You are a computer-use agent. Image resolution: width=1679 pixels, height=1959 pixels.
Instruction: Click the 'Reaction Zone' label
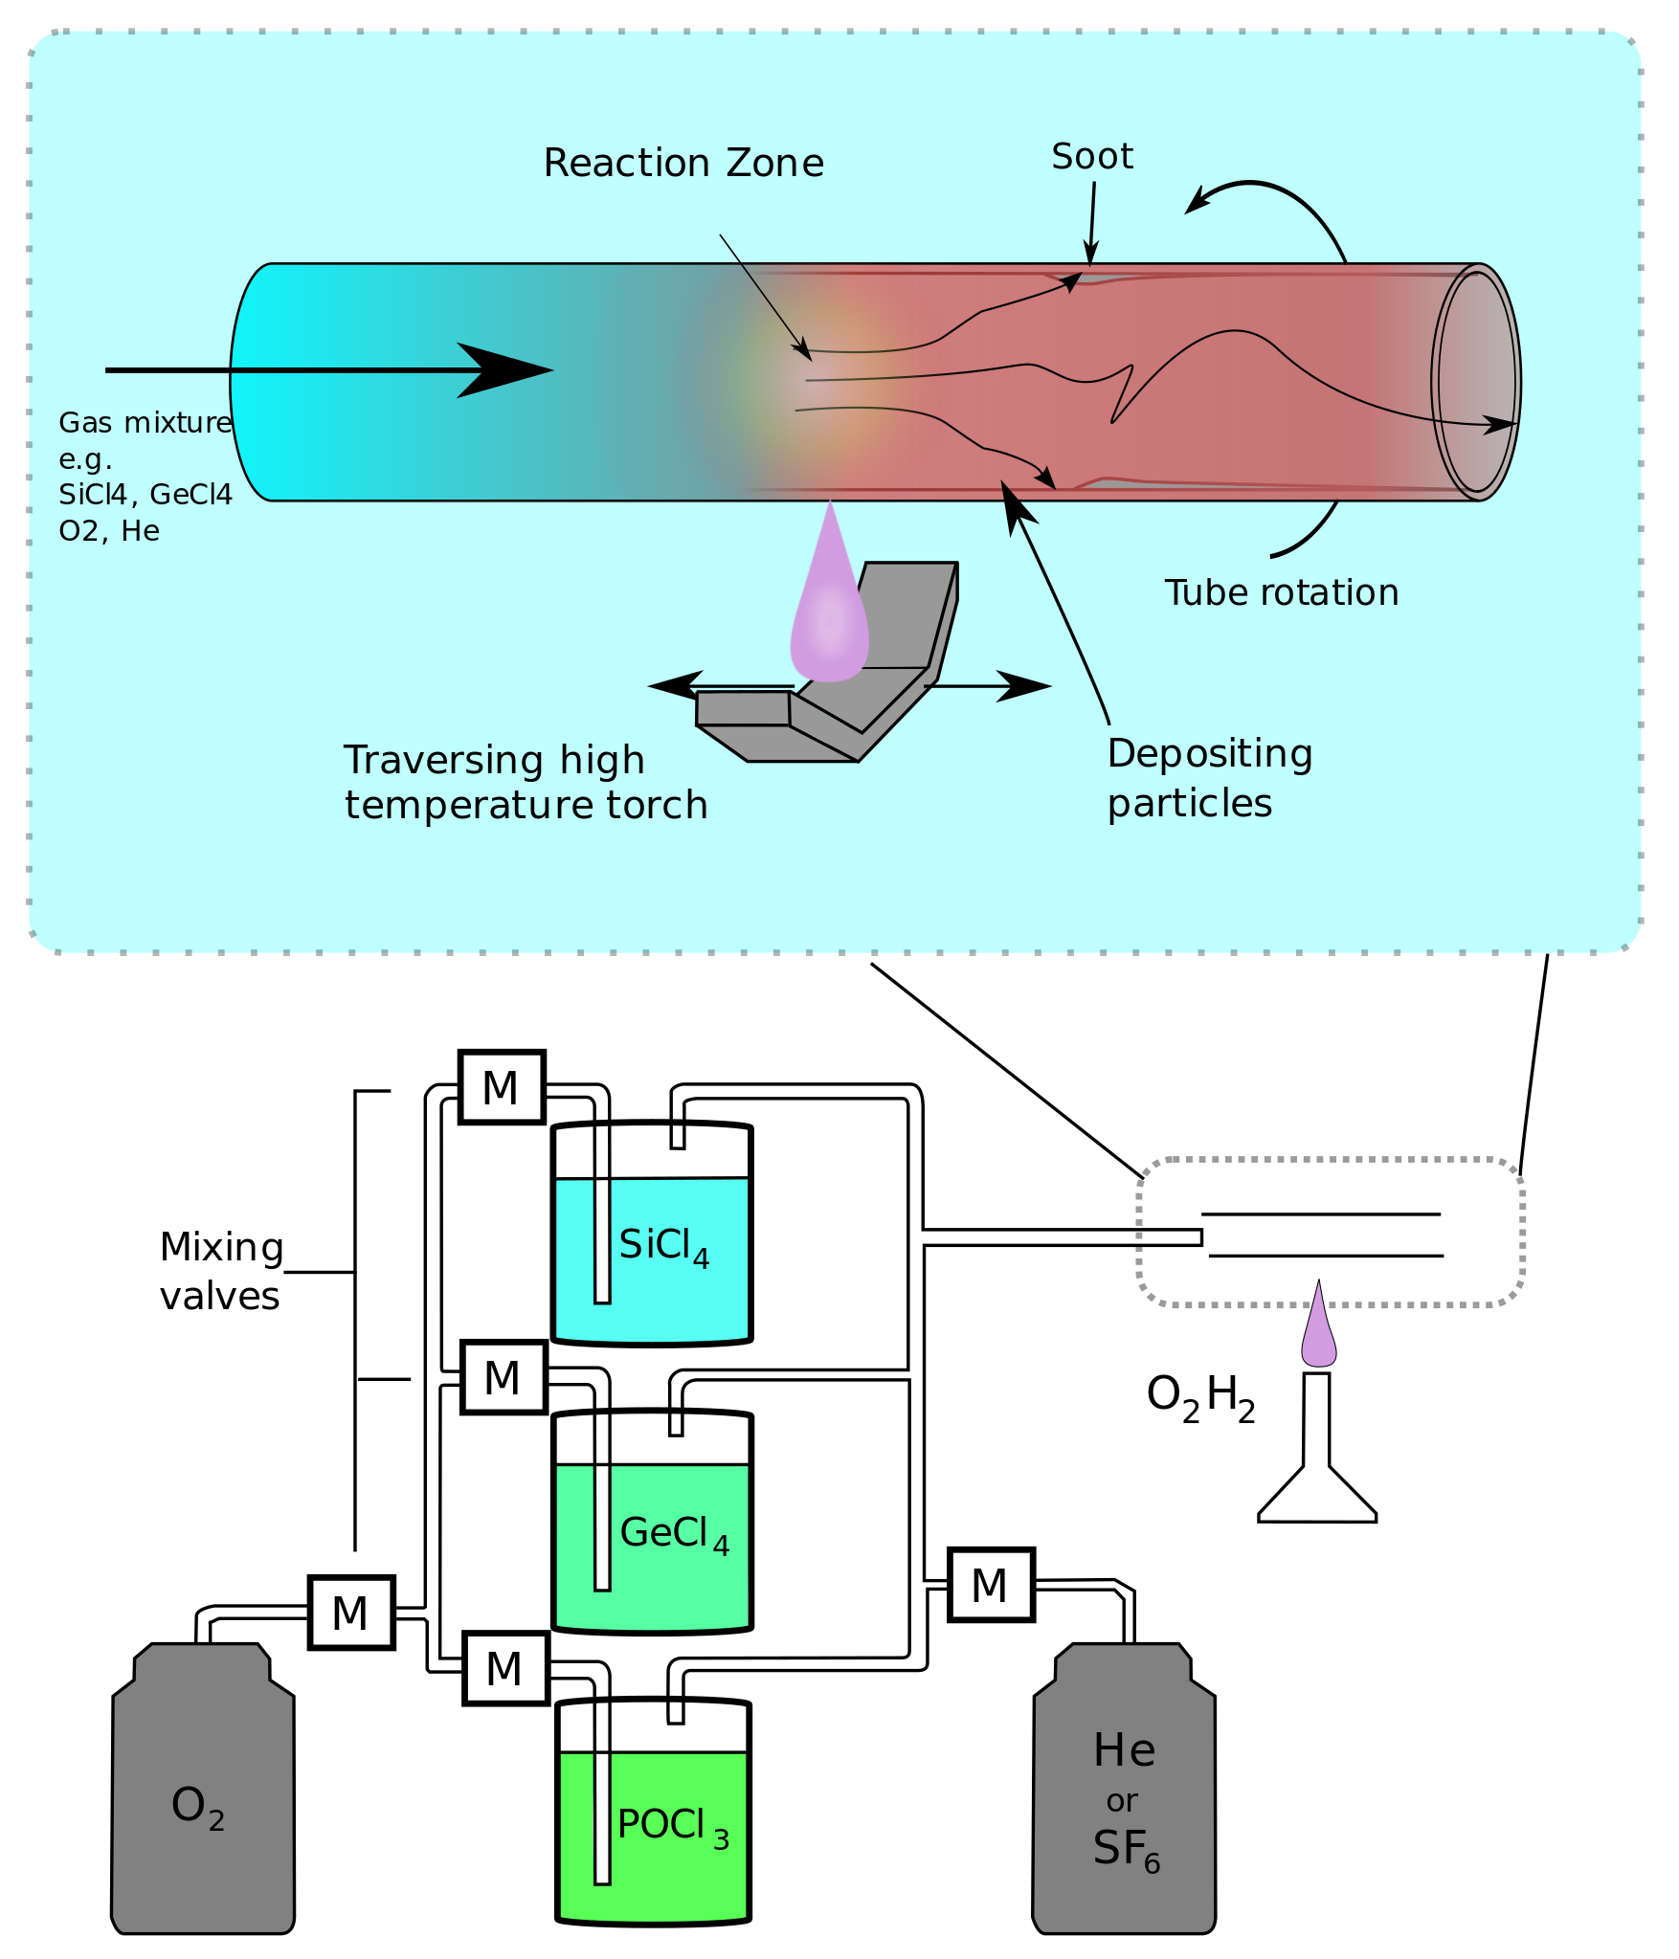coord(683,164)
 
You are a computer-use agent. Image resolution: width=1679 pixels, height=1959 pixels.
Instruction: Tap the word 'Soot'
coord(1091,157)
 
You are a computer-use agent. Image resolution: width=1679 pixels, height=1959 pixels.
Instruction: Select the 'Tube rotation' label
coord(1281,593)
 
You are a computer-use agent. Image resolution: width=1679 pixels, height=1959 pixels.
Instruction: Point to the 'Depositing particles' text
coord(1209,778)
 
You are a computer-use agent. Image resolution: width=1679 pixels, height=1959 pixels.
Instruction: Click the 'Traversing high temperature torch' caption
coord(526,783)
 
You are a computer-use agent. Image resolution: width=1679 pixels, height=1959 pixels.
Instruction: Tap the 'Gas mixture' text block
coord(146,477)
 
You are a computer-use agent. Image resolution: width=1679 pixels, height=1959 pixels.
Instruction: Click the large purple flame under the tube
coord(829,612)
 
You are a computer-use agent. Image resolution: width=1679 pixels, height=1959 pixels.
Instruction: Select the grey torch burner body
coord(862,699)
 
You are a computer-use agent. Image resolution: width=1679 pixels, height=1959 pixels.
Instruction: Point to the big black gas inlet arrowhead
coord(503,369)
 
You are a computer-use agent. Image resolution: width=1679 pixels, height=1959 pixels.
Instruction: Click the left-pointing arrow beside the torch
coord(675,685)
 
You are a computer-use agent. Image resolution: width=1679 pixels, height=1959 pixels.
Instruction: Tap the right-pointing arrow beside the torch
coord(1024,685)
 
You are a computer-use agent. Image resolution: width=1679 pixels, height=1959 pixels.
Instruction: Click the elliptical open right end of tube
coord(1476,382)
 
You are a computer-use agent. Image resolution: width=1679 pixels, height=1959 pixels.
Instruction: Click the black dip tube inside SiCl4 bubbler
coord(602,1242)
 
